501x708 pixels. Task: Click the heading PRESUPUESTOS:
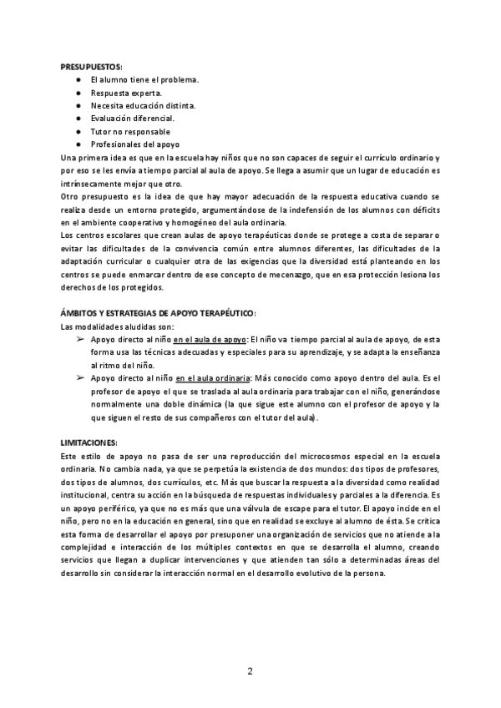(x=91, y=67)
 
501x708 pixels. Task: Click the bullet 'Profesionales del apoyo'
(x=134, y=144)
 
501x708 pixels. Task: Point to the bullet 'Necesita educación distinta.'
(x=143, y=106)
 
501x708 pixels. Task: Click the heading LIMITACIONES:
(x=89, y=442)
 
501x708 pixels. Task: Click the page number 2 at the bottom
(x=250, y=670)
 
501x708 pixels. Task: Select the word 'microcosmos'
(x=296, y=456)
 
